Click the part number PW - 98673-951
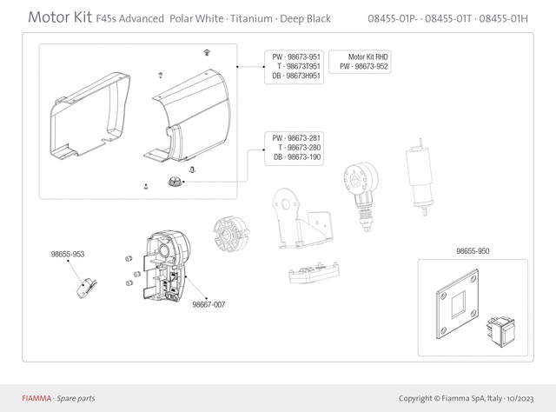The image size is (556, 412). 296,56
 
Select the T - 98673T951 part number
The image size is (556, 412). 299,66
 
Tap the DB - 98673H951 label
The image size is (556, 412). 296,76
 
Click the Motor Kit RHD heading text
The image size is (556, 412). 368,56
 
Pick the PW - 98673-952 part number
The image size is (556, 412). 364,66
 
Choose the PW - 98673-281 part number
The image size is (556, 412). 296,138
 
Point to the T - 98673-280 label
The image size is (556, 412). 299,147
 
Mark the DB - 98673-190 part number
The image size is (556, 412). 297,156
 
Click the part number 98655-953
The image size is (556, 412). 68,254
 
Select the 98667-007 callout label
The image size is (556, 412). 208,304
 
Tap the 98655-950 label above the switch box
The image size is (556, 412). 473,251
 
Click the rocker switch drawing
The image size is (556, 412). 500,331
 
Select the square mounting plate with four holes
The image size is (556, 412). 458,304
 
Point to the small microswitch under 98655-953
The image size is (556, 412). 86,289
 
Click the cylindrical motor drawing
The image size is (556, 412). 420,176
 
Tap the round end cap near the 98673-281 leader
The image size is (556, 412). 175,182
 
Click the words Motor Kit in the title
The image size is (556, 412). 60,17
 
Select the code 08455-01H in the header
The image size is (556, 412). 503,18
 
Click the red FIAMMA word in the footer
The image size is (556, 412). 36,398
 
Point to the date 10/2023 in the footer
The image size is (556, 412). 520,398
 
